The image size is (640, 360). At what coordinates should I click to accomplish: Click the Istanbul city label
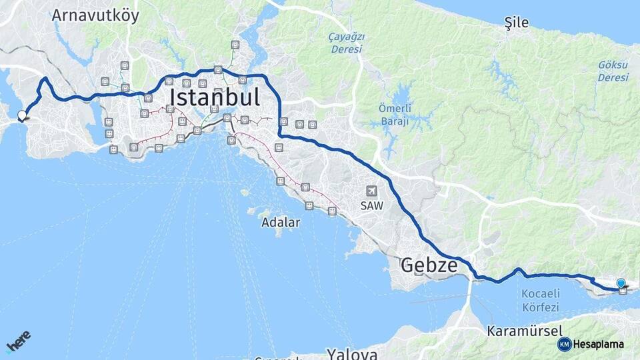point(214,97)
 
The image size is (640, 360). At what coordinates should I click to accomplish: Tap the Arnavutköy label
point(95,15)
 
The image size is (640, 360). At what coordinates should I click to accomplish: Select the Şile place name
point(516,23)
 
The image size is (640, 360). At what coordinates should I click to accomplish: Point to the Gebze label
point(429,266)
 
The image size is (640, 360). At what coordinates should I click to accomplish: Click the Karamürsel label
point(525,331)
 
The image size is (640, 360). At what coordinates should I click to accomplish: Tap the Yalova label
point(352,353)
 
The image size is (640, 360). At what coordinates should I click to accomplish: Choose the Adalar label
point(281,222)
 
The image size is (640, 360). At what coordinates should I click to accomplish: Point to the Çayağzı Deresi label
point(346,43)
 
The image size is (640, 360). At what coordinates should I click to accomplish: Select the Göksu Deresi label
point(613,71)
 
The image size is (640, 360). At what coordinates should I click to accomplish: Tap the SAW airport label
point(371,206)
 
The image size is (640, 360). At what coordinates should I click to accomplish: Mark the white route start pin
point(22,115)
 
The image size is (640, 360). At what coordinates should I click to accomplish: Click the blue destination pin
point(621,283)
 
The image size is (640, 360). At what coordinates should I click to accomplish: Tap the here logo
point(19,342)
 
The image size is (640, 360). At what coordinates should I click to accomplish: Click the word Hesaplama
point(598,344)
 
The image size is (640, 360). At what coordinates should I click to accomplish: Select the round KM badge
point(564,344)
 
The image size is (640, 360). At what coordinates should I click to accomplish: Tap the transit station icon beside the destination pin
point(623,290)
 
